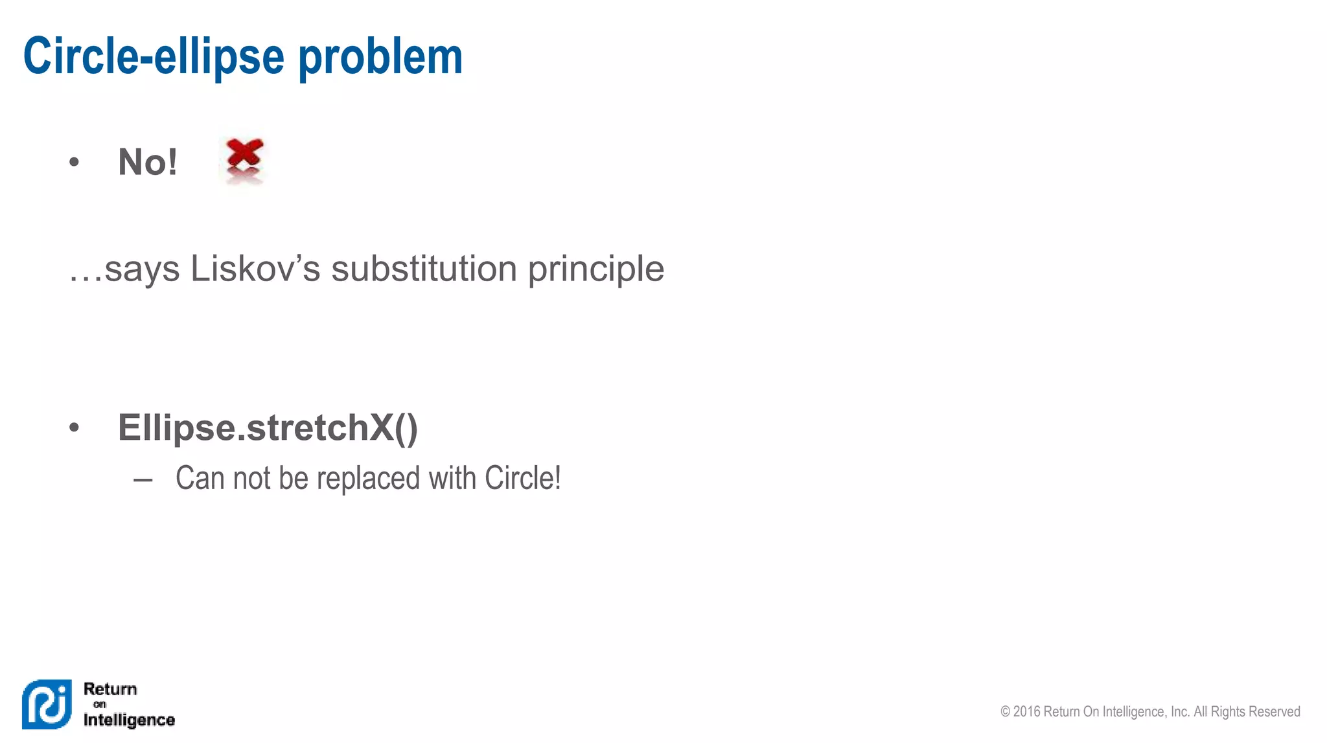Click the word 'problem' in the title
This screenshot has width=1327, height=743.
coord(380,57)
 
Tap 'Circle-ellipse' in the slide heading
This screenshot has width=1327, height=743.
coord(154,57)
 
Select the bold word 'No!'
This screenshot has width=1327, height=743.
coord(148,162)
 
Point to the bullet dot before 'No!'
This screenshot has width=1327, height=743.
coord(74,162)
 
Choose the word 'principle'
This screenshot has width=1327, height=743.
coord(596,269)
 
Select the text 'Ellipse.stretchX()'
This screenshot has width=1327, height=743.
coord(268,428)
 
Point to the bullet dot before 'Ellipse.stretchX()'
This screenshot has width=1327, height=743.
coord(74,428)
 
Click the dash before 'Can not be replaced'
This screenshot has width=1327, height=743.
coord(143,480)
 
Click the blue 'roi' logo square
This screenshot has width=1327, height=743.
coord(47,704)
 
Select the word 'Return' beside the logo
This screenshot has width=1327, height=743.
coord(110,689)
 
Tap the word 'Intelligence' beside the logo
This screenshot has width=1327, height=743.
coord(129,720)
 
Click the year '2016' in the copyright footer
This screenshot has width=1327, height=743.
coord(1027,711)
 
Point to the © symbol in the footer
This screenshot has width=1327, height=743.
coord(1006,711)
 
